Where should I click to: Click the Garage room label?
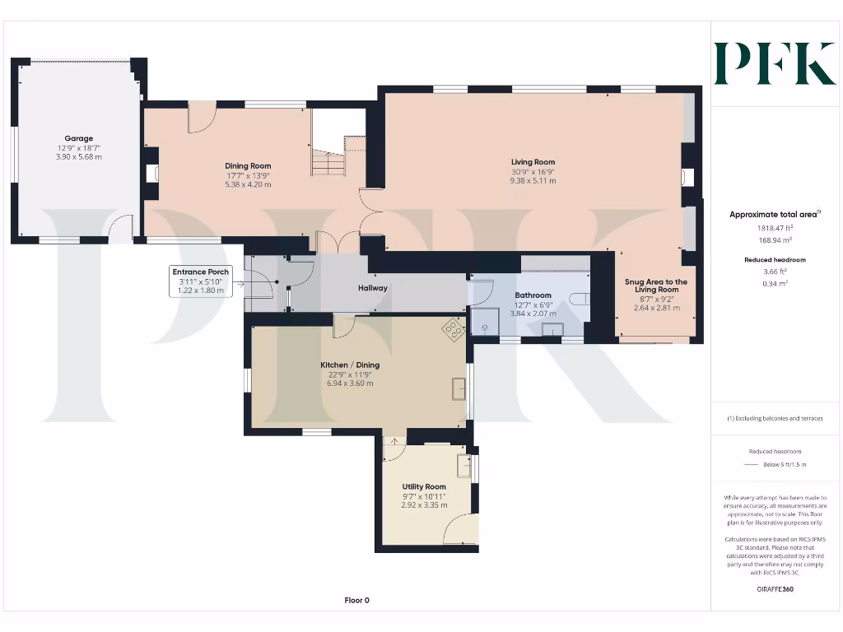click(x=78, y=138)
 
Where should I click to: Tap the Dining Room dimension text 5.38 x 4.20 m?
click(x=248, y=184)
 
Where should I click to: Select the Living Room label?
click(x=533, y=162)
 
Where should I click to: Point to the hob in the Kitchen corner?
click(x=454, y=329)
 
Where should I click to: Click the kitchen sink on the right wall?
click(x=459, y=388)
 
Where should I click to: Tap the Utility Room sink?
click(x=463, y=466)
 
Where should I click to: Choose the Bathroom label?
click(x=533, y=295)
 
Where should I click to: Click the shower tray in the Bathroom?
click(x=485, y=321)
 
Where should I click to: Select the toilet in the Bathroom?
click(x=579, y=300)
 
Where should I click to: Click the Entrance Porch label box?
click(x=201, y=281)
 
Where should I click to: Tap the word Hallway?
click(x=373, y=288)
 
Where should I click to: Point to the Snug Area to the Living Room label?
click(x=656, y=286)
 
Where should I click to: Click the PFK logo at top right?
click(x=775, y=63)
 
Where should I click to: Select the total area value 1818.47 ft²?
click(x=775, y=228)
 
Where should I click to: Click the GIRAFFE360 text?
click(x=775, y=589)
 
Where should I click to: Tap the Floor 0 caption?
click(x=357, y=600)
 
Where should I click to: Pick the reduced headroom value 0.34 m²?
click(x=775, y=283)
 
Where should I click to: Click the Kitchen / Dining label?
click(x=350, y=365)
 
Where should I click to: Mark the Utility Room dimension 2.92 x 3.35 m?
click(x=424, y=505)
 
